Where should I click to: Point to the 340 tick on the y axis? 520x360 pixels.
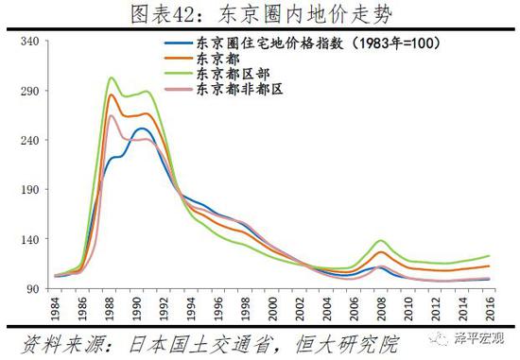click(27, 42)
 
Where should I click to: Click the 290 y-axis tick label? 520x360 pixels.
click(27, 92)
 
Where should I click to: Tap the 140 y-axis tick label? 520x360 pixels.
click(27, 239)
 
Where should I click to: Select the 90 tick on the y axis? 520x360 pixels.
click(30, 288)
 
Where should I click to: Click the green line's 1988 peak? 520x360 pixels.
click(111, 77)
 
